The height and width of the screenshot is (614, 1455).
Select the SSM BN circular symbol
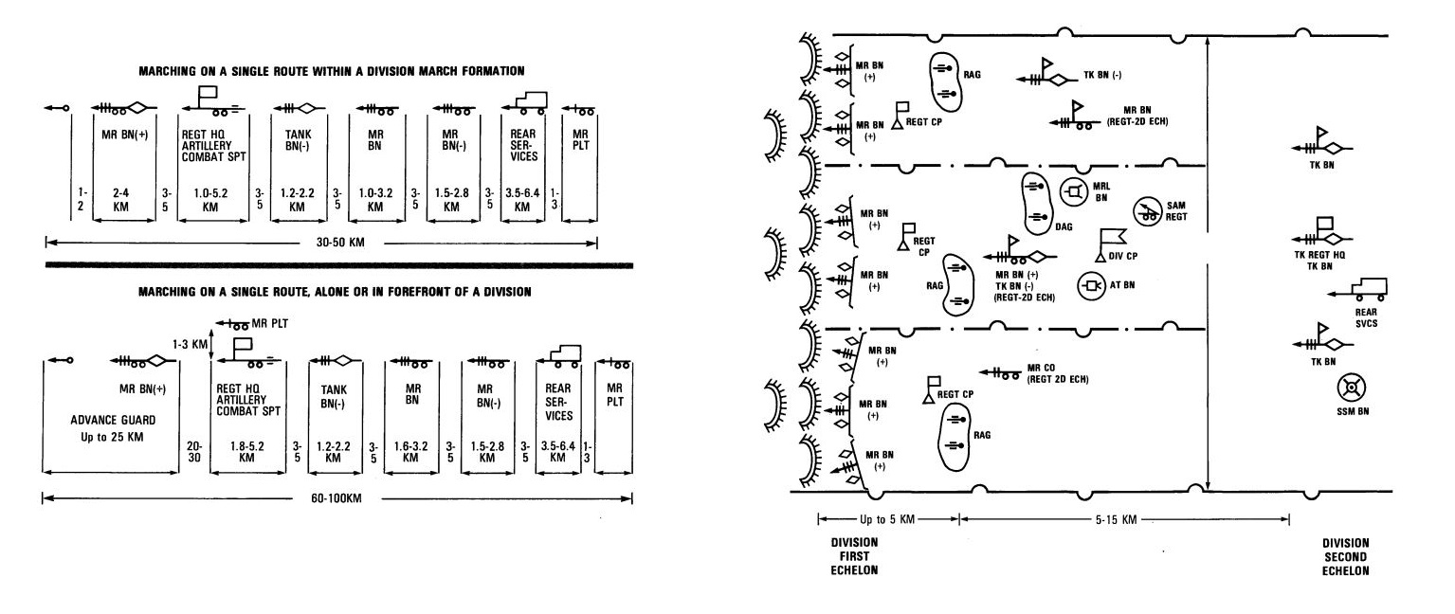click(1350, 388)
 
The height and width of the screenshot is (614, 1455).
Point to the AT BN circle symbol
click(1090, 284)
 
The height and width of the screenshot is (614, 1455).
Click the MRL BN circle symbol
click(1073, 192)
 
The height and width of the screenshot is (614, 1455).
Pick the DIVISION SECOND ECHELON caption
click(1346, 557)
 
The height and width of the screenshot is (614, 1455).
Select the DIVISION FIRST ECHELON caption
click(855, 557)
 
